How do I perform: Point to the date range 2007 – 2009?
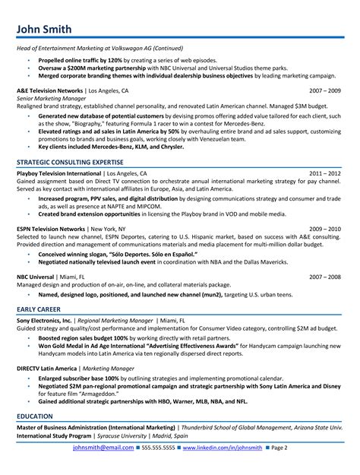pyautogui.click(x=325, y=90)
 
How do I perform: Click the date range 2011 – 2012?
pyautogui.click(x=325, y=173)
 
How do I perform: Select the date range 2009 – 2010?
pyautogui.click(x=325, y=228)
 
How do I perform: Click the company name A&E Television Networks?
pyautogui.click(x=50, y=90)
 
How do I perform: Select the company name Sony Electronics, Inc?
pyautogui.click(x=45, y=299)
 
